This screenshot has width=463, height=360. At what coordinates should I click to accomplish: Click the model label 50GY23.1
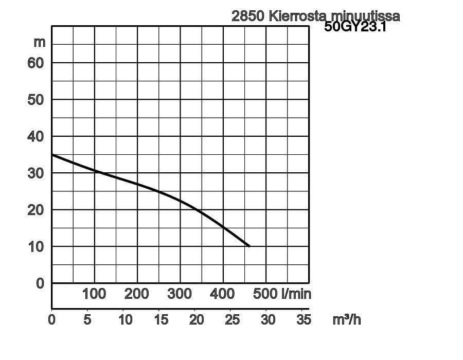[355, 27]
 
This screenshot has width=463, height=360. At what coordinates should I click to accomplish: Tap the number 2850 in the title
[248, 16]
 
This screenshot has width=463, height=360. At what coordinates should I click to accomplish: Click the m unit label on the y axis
[40, 42]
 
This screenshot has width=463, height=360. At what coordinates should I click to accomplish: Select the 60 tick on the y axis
[36, 63]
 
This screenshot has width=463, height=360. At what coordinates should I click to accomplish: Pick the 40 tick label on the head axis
[36, 136]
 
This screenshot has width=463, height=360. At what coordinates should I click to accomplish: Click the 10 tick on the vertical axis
[36, 247]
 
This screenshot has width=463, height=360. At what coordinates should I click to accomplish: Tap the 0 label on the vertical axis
[41, 283]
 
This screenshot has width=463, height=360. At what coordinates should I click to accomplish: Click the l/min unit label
[296, 294]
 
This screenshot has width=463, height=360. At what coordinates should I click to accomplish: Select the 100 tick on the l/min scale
[94, 294]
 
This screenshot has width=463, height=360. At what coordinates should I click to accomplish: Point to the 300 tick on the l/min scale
[180, 294]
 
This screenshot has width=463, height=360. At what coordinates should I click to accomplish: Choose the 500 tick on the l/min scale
[265, 294]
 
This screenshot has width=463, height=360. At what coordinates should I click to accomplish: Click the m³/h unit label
[347, 319]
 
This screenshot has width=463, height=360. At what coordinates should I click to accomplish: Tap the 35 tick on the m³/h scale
[304, 319]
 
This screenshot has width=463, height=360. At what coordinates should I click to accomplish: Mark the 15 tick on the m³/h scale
[161, 319]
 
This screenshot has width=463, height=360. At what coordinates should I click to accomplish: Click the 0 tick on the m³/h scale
[52, 319]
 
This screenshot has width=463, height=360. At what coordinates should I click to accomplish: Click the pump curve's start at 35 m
[52, 155]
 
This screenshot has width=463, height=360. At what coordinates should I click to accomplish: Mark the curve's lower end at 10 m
[249, 246]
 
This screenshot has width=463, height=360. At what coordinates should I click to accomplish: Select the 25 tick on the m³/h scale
[233, 319]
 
